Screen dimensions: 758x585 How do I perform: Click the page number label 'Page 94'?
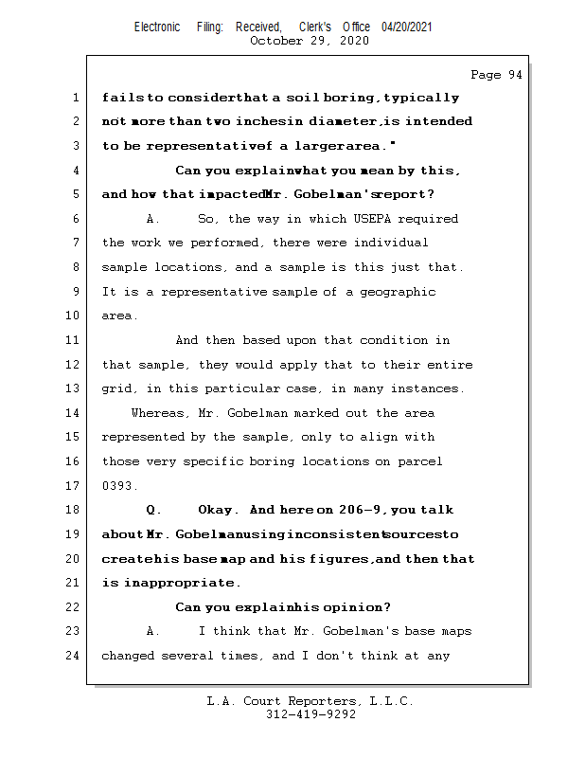[x=496, y=75]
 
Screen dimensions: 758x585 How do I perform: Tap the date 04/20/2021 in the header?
[x=407, y=27]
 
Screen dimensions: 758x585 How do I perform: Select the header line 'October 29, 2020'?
[x=309, y=41]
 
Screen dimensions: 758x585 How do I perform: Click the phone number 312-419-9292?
[x=310, y=714]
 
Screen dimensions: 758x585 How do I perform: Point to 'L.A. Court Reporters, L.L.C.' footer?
[x=310, y=701]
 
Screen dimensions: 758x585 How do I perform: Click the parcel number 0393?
[x=119, y=486]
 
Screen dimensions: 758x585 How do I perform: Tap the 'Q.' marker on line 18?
[x=153, y=511]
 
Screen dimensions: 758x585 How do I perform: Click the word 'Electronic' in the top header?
[x=157, y=27]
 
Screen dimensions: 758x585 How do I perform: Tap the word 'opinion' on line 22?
[x=356, y=607]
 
